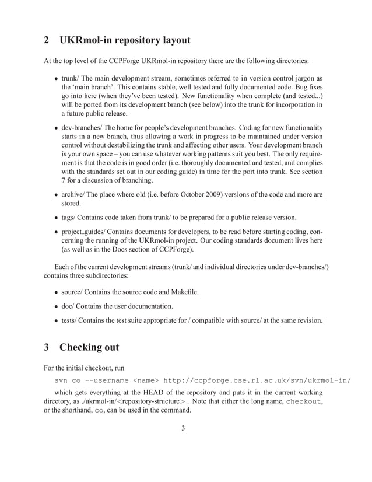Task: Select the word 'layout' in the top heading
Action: [172, 41]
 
